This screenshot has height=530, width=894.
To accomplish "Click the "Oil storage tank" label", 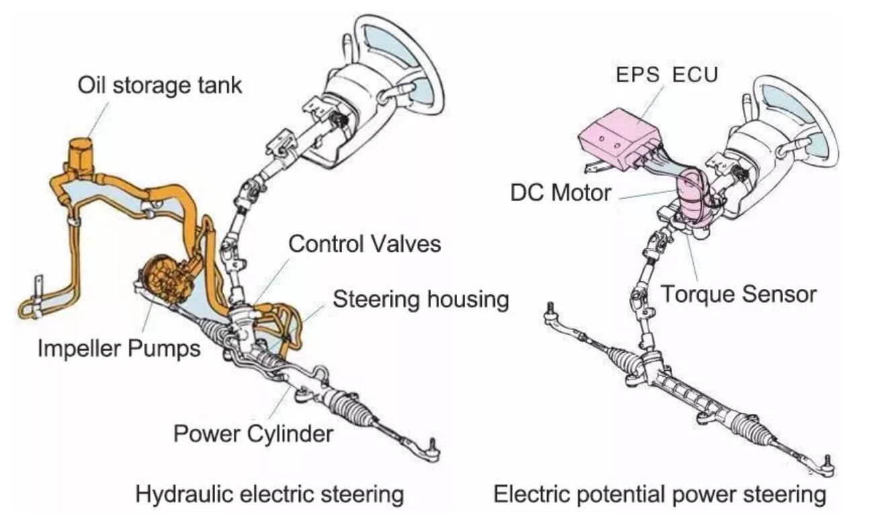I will (159, 85).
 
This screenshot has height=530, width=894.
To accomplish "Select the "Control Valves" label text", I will (365, 243).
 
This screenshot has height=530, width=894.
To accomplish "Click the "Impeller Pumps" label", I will (119, 349).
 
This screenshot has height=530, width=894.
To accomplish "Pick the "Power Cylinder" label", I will (253, 433).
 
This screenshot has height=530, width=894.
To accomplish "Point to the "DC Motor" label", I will (561, 193).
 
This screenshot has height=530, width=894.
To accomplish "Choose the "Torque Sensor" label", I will (739, 294).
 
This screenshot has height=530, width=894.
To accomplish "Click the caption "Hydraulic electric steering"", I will (270, 495).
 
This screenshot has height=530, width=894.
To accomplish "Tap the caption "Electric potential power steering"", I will (659, 495).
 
